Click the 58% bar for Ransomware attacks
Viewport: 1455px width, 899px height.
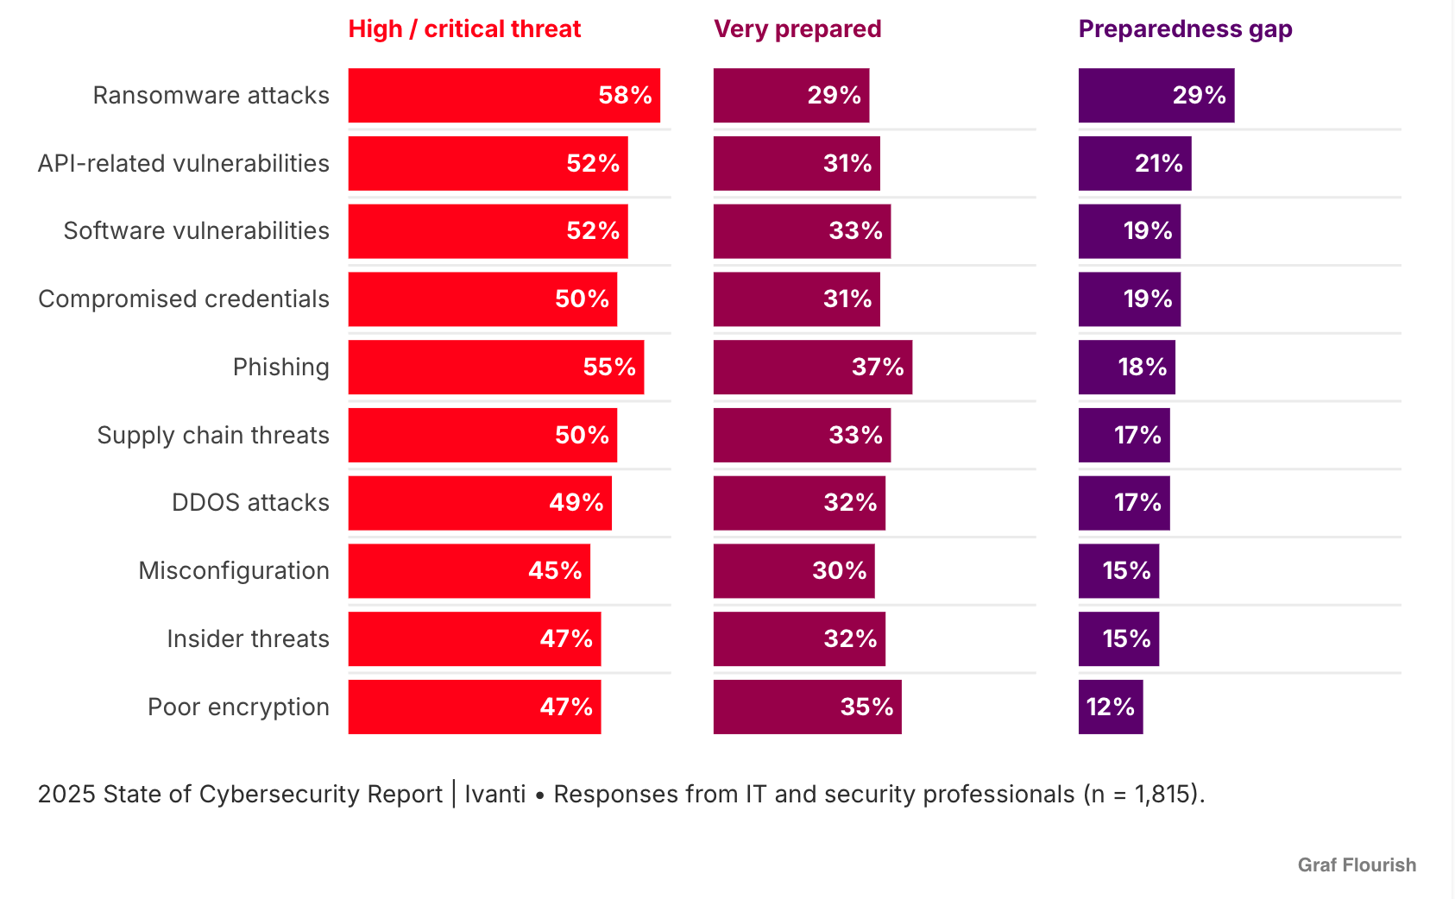pyautogui.click(x=504, y=95)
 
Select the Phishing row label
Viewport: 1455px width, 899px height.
pyautogui.click(x=280, y=368)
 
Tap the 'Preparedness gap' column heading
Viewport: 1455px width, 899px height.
pyautogui.click(x=1185, y=29)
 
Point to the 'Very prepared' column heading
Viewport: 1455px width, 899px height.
pyautogui.click(x=797, y=29)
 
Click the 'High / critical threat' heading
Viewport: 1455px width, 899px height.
pyautogui.click(x=464, y=29)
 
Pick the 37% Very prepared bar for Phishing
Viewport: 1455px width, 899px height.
pyautogui.click(x=812, y=368)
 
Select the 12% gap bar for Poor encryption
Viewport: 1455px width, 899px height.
pyautogui.click(x=1111, y=707)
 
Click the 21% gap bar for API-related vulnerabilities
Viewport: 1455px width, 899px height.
pyautogui.click(x=1135, y=163)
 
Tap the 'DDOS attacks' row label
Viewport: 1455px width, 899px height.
pyautogui.click(x=250, y=503)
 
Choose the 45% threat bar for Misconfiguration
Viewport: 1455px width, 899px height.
pyautogui.click(x=469, y=571)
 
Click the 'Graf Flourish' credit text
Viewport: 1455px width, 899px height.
pyautogui.click(x=1357, y=864)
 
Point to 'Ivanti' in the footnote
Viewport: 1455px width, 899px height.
pyautogui.click(x=495, y=794)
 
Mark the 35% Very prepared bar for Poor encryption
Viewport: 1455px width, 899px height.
pyautogui.click(x=807, y=707)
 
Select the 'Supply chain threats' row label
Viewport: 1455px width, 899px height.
pyautogui.click(x=213, y=436)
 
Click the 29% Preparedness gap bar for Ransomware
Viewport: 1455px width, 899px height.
pyautogui.click(x=1156, y=95)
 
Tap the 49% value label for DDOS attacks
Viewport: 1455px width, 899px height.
pyautogui.click(x=576, y=503)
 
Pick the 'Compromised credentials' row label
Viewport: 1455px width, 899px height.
pyautogui.click(x=184, y=299)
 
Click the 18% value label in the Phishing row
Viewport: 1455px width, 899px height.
pyautogui.click(x=1143, y=368)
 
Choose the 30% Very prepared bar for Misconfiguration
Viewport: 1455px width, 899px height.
pyautogui.click(x=794, y=571)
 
